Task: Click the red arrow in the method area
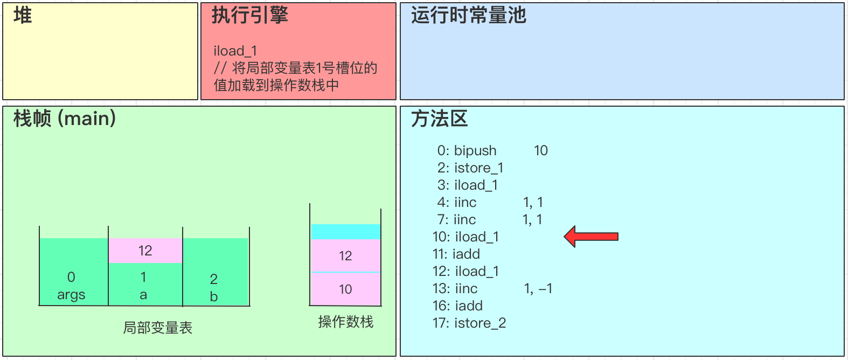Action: pos(591,237)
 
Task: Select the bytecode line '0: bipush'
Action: pos(467,150)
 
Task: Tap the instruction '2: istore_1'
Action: pos(470,168)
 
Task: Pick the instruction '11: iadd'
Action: pos(456,254)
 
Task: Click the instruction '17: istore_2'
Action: pos(469,323)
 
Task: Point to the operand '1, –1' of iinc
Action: pos(538,288)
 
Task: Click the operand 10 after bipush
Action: pos(541,150)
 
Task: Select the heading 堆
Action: pos(23,16)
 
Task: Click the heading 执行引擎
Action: pos(249,16)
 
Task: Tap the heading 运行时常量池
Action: pos(468,16)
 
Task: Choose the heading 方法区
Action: pos(439,119)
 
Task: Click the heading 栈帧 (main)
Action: pos(65,119)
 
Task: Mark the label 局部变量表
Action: pos(157,328)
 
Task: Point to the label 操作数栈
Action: pos(345,322)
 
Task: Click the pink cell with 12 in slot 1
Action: pos(145,251)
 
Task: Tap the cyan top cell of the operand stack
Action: pos(346,232)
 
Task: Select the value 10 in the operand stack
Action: pos(345,289)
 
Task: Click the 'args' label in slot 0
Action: pos(71,295)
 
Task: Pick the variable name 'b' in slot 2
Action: pos(214,296)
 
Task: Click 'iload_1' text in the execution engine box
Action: pos(235,51)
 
